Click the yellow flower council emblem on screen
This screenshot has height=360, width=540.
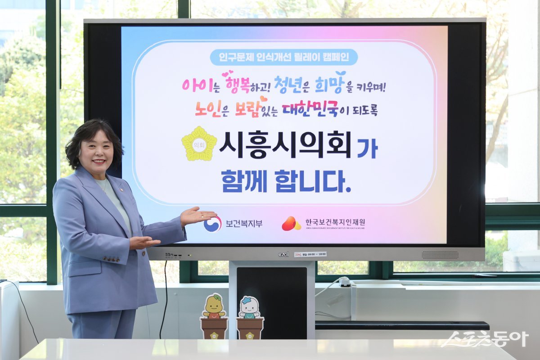pyautogui.click(x=199, y=144)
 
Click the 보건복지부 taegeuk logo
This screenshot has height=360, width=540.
pyautogui.click(x=212, y=224)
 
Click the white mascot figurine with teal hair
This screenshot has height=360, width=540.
pyautogui.click(x=249, y=308)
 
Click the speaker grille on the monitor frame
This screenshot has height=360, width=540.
pyautogui.click(x=440, y=254)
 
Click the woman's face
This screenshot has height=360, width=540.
pyautogui.click(x=96, y=153)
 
